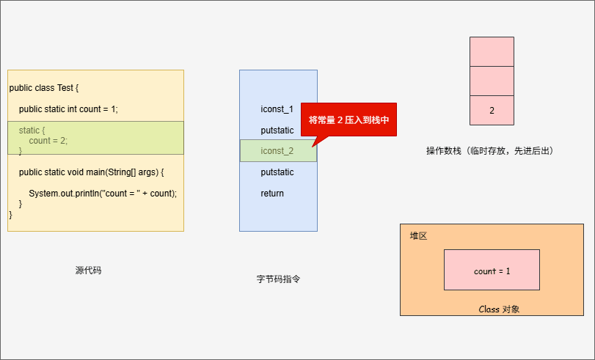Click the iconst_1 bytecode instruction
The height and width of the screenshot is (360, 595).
277,109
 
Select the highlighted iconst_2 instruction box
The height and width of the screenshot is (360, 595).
278,151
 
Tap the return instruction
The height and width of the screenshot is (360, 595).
272,194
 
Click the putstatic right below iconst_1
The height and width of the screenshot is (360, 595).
277,131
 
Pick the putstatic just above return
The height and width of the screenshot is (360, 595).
277,172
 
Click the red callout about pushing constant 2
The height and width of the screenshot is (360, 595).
348,120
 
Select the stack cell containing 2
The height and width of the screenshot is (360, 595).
492,111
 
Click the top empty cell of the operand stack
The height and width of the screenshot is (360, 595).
492,51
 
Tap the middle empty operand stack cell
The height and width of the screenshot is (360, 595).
492,81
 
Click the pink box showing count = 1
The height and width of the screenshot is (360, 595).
492,271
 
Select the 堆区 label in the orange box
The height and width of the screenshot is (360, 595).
418,236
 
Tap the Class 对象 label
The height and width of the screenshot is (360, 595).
499,309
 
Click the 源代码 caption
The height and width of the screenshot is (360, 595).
89,270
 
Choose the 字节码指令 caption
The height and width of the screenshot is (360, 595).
278,279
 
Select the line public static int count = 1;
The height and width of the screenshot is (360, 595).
68,109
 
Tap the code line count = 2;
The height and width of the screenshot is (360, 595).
48,141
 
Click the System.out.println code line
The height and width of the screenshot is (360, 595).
103,194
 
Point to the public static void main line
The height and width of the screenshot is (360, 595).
91,172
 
